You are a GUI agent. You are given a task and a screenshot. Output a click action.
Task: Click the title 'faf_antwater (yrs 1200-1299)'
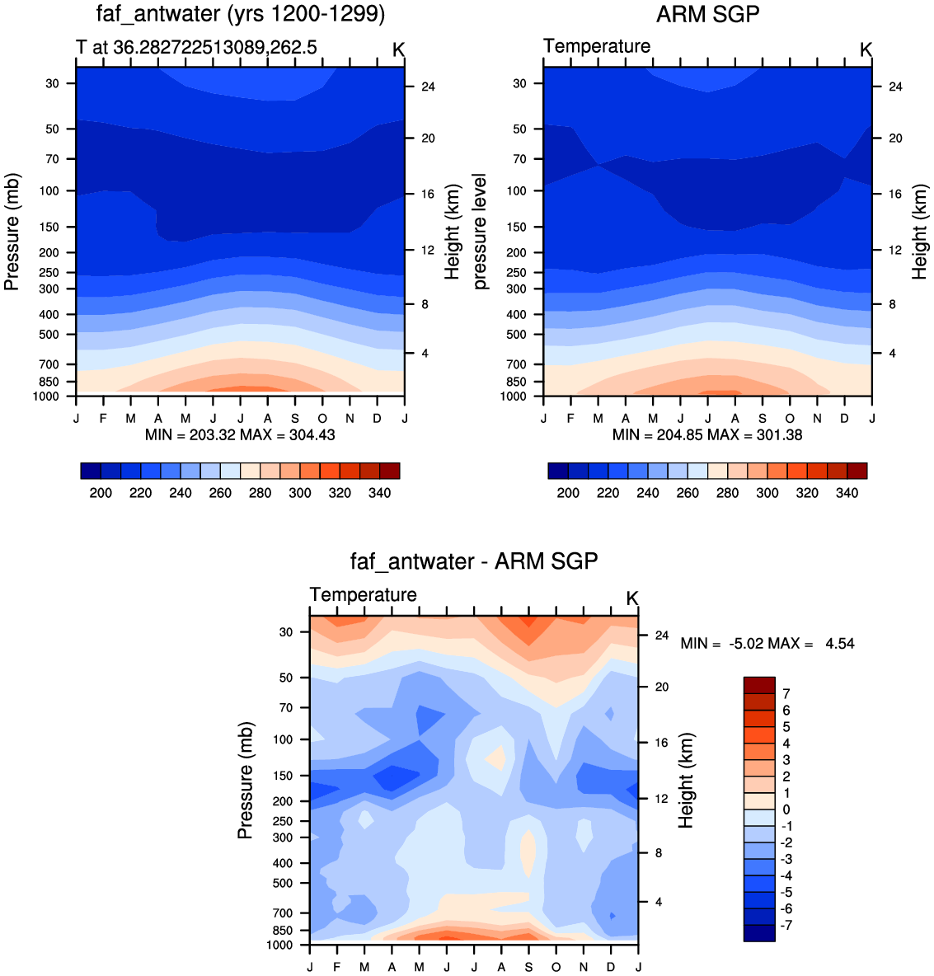(x=241, y=14)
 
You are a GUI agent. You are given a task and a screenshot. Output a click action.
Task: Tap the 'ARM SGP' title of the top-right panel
(x=708, y=14)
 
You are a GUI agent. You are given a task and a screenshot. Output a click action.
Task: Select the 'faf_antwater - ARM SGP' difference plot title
(x=474, y=561)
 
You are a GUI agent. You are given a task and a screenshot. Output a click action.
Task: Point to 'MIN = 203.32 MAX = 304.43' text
(x=240, y=435)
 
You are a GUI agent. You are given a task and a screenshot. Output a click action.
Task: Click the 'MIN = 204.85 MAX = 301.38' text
(x=707, y=435)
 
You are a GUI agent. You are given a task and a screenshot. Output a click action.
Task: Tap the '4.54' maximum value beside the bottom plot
(x=840, y=644)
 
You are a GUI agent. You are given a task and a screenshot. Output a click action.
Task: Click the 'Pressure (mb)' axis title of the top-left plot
(x=12, y=232)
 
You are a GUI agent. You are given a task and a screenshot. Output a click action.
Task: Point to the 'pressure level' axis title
(x=480, y=232)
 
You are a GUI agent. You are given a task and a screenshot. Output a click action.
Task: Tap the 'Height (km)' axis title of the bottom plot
(x=686, y=781)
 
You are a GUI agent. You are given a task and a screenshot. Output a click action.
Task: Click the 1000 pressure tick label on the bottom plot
(x=279, y=945)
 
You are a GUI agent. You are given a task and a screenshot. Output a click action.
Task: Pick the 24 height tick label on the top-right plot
(x=895, y=87)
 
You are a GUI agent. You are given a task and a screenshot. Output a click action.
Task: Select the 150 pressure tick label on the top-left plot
(x=49, y=228)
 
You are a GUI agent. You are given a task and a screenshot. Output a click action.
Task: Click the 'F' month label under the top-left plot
(x=103, y=418)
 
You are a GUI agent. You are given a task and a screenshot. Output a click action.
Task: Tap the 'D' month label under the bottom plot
(x=611, y=967)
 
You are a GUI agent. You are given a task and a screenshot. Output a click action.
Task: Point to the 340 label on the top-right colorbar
(x=847, y=493)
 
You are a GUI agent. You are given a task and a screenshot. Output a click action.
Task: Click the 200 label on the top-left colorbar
(x=101, y=493)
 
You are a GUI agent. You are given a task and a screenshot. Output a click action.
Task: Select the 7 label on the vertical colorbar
(x=786, y=693)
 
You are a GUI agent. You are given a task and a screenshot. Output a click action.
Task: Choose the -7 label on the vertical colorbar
(x=786, y=925)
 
